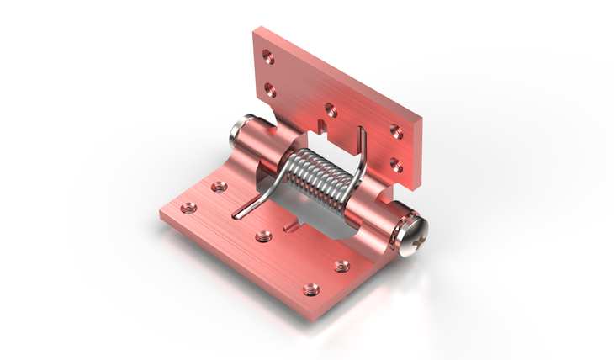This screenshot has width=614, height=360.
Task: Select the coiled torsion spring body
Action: tap(318, 177)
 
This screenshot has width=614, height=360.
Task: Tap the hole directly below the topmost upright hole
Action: tap(270, 87)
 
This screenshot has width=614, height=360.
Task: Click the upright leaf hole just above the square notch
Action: tap(331, 109)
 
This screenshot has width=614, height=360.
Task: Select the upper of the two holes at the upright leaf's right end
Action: tap(395, 131)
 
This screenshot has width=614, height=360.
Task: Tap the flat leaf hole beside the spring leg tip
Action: tap(263, 236)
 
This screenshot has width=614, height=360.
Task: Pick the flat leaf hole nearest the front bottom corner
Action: tap(310, 289)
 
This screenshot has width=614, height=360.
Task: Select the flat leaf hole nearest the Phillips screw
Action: tap(341, 266)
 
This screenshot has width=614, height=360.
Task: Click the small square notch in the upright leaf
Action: tap(325, 128)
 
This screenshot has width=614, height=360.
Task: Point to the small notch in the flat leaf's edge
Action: tap(294, 225)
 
